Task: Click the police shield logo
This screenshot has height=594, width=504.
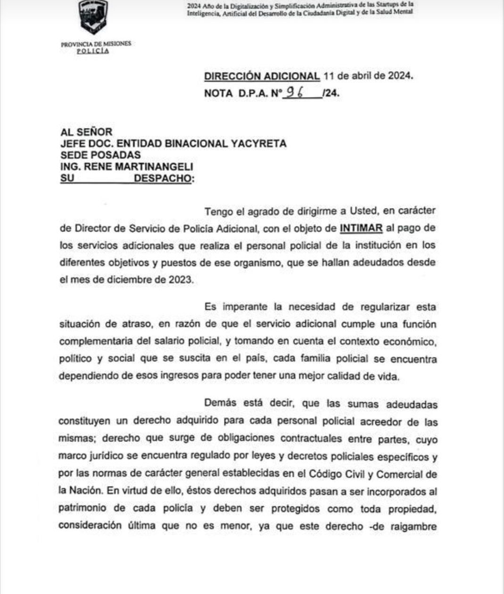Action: [93, 16]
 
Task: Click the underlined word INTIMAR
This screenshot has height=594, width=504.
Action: [361, 228]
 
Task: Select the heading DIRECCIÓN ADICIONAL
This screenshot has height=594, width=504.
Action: [262, 76]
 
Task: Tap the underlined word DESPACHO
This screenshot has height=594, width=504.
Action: [163, 179]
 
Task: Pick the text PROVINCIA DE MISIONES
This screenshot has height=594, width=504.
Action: [96, 44]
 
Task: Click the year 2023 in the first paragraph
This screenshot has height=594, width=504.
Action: [180, 279]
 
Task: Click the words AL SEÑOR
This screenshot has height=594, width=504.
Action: [86, 132]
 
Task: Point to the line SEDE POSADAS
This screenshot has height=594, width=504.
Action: [100, 155]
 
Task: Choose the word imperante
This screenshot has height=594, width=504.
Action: [244, 307]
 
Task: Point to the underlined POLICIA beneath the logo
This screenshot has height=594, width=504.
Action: [93, 51]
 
